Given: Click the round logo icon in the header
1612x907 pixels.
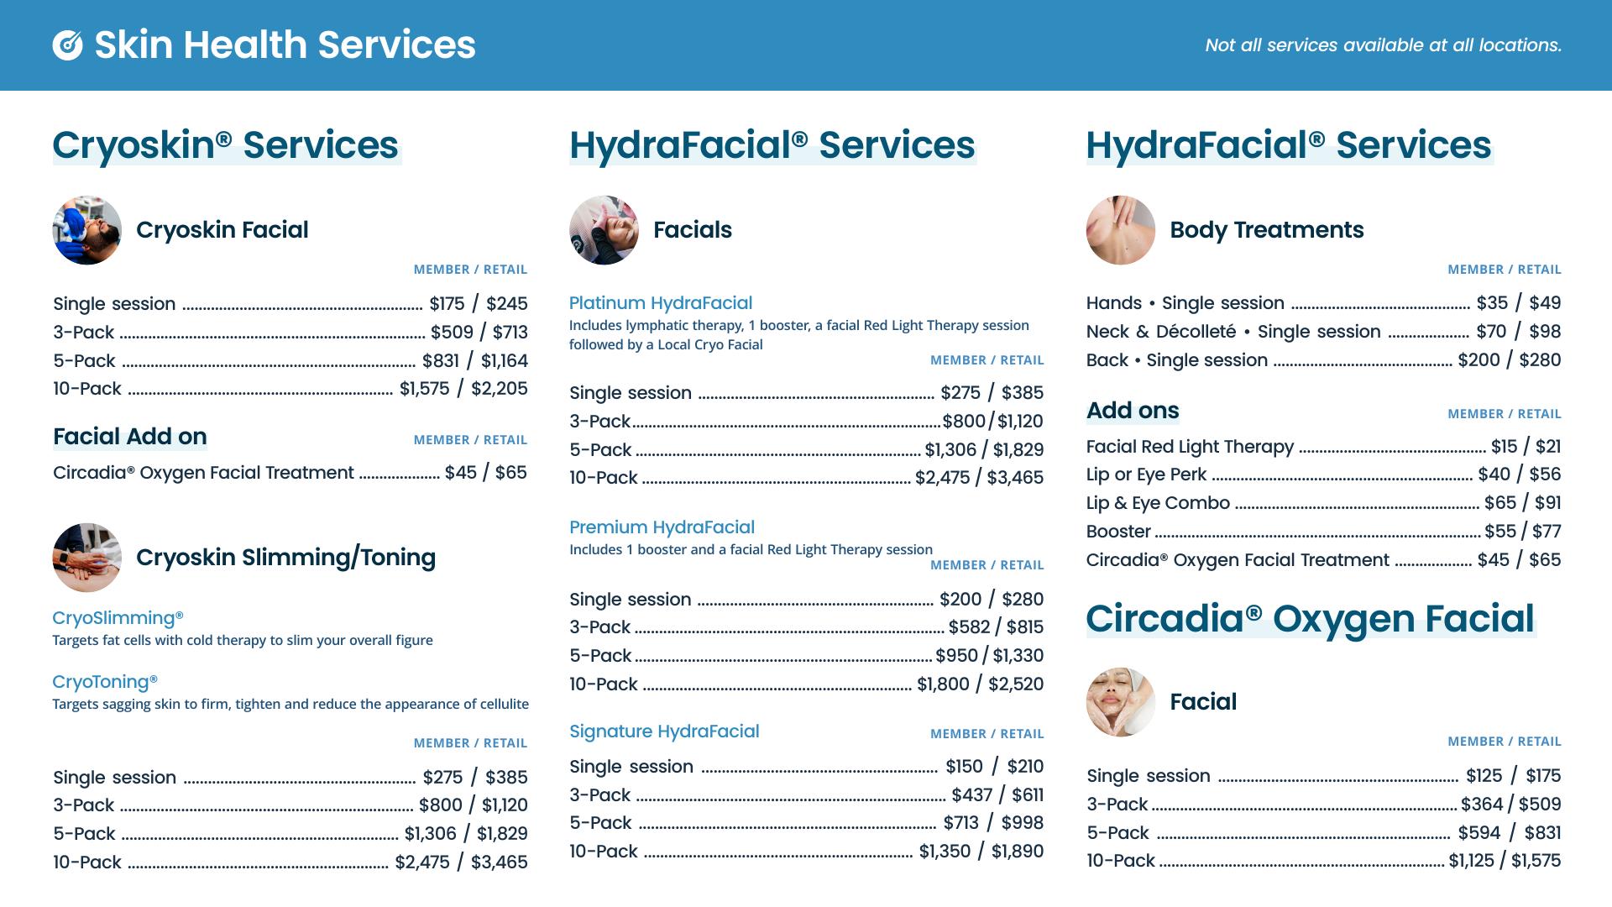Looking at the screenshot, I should pyautogui.click(x=68, y=45).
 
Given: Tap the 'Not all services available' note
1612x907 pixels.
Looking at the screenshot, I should pyautogui.click(x=1383, y=45).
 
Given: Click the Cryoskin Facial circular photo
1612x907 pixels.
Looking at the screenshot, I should pyautogui.click(x=87, y=230).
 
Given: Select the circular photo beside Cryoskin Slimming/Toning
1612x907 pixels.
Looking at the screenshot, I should pyautogui.click(x=87, y=558).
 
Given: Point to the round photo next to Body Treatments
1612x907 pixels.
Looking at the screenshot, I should pyautogui.click(x=1121, y=230).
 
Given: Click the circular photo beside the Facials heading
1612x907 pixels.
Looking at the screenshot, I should pyautogui.click(x=604, y=230).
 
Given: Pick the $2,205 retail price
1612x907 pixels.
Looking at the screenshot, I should pyautogui.click(x=500, y=389).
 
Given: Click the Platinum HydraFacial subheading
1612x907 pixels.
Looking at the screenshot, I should pyautogui.click(x=661, y=303).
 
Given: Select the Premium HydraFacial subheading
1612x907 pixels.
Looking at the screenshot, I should pyautogui.click(x=662, y=527).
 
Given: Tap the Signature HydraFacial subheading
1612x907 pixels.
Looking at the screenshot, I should pyautogui.click(x=664, y=731).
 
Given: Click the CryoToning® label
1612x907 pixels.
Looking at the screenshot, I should pyautogui.click(x=105, y=682).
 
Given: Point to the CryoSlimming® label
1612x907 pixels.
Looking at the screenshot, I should pyautogui.click(x=118, y=618).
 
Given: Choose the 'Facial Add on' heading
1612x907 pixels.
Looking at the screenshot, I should pyautogui.click(x=130, y=437).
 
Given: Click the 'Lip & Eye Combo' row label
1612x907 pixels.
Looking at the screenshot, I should pyautogui.click(x=1158, y=503).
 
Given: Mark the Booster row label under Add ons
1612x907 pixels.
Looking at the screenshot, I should pyautogui.click(x=1118, y=532).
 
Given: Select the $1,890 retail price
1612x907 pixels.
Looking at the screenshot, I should pyautogui.click(x=1018, y=852).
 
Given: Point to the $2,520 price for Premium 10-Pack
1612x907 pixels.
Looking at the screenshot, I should pyautogui.click(x=1016, y=684).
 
